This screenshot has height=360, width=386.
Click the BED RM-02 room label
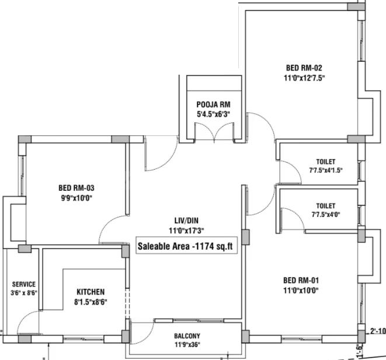point(304,68)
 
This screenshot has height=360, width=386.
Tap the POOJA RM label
point(213,104)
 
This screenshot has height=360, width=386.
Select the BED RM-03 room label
point(76,188)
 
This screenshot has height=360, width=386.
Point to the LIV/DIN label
point(186,221)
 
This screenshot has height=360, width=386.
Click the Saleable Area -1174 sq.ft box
point(187,246)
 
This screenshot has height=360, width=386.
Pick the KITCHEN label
point(91,292)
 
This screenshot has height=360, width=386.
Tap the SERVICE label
point(24,284)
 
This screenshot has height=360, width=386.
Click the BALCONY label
point(187,335)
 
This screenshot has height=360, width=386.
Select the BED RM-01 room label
point(301,280)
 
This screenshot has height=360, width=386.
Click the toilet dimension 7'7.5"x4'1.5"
point(326,170)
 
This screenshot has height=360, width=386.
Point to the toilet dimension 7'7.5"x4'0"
point(326,215)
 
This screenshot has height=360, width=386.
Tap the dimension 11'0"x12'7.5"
point(304,78)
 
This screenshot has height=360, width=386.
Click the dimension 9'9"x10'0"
point(76,198)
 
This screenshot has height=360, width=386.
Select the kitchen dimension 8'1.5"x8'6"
point(91,302)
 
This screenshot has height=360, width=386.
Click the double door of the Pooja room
point(214,132)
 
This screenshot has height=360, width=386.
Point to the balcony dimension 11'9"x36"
point(187,344)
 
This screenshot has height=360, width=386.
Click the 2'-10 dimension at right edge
point(378,331)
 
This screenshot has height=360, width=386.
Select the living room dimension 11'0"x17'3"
point(186,230)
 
